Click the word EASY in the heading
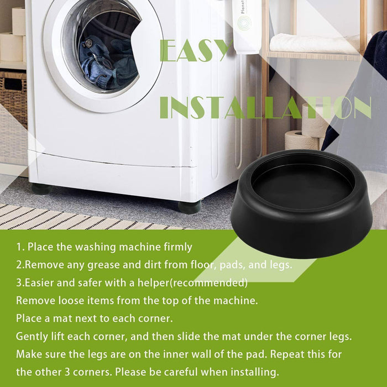[193, 51]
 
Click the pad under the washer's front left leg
[41, 189]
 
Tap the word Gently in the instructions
[33, 337]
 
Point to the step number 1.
[19, 247]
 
